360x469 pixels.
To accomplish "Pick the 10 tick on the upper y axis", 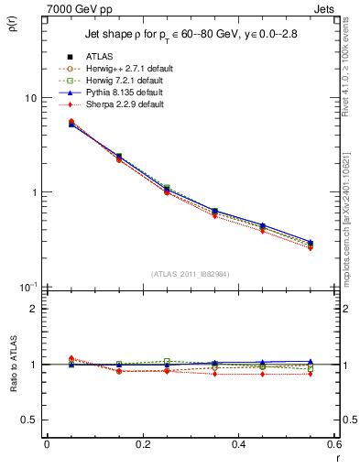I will [x=30, y=98].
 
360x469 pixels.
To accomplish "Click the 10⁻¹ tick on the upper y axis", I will [x=28, y=286].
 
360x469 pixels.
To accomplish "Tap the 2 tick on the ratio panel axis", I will [x=34, y=309].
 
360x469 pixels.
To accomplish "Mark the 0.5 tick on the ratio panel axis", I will [x=30, y=420].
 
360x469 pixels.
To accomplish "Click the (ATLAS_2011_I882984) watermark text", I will [x=190, y=273].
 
